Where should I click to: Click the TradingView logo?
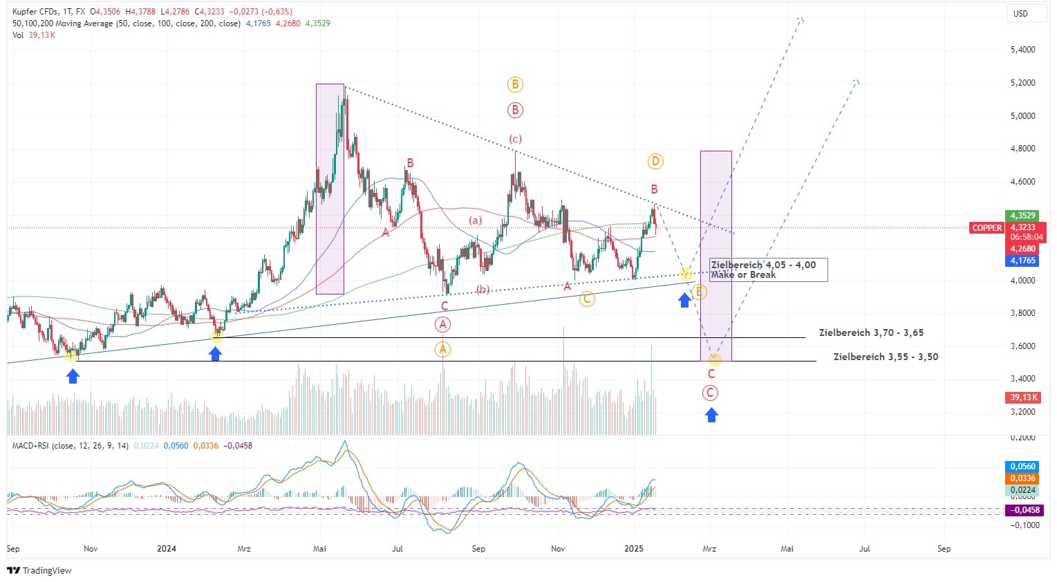tap(39, 570)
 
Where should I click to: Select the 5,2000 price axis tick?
tap(1022, 83)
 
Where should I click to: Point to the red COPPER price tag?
tap(986, 228)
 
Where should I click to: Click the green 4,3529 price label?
tap(1022, 216)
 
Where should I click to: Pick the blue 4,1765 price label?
tap(1022, 261)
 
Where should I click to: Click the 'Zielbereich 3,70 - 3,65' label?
tap(871, 332)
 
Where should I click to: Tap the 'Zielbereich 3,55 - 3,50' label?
tap(886, 357)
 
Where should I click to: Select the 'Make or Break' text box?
tap(767, 270)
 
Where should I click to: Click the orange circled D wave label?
tap(655, 161)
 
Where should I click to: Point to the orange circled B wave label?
tap(514, 85)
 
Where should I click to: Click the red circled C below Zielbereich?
tap(710, 393)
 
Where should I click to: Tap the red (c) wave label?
tap(515, 139)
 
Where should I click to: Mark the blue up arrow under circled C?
tap(711, 415)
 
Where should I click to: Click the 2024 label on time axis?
tap(167, 549)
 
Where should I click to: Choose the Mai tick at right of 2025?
tap(787, 549)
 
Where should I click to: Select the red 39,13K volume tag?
tap(1024, 397)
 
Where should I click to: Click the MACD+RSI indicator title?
tap(70, 446)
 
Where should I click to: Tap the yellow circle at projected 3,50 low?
tap(714, 359)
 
